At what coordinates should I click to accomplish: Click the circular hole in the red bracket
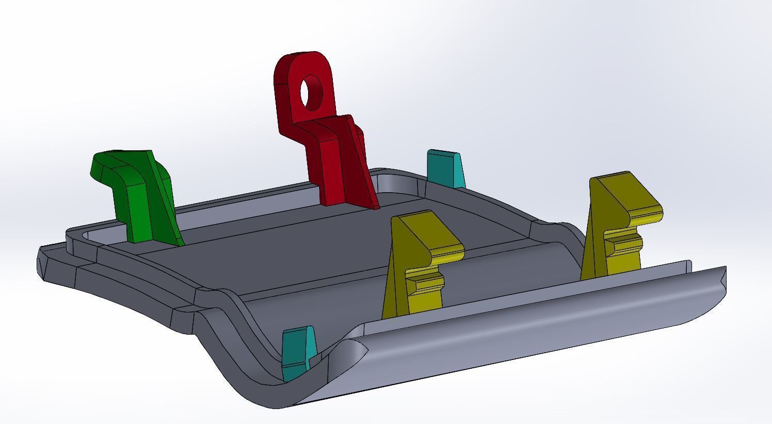pos(311,92)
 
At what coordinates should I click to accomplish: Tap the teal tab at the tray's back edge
pos(445,169)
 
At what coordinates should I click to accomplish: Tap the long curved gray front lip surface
pos(516,331)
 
